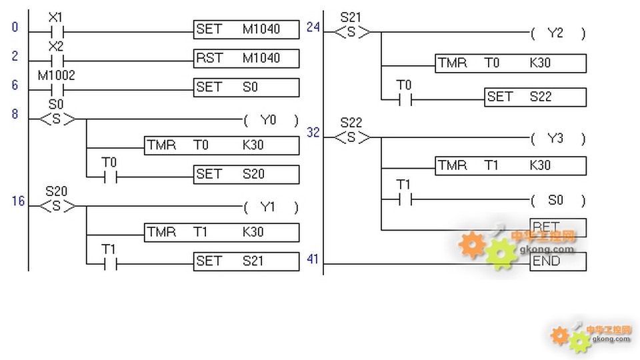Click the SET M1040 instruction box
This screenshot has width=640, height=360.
(x=247, y=29)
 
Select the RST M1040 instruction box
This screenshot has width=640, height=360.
(x=247, y=59)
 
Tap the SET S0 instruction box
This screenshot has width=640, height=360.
(x=247, y=87)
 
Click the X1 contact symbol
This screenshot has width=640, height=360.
(x=56, y=31)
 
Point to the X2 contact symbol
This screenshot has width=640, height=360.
(x=56, y=59)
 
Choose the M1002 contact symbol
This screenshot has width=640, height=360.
(x=56, y=89)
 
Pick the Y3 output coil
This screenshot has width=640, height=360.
(x=557, y=139)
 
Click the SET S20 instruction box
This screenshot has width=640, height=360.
(x=247, y=175)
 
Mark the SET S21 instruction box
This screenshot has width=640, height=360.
(x=247, y=261)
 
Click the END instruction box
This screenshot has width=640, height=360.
(x=558, y=261)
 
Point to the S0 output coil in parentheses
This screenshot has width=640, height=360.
(x=557, y=200)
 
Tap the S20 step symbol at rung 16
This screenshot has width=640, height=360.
(x=57, y=205)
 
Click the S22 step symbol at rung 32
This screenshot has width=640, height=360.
(x=351, y=137)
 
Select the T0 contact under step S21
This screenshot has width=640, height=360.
(x=404, y=100)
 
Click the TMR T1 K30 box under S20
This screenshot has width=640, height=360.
(x=222, y=232)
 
